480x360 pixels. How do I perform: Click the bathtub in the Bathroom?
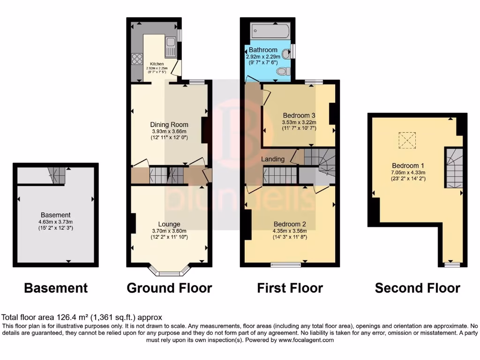(x=269, y=31)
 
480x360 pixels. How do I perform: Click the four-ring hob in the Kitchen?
(x=137, y=59)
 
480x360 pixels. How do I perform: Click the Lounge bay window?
(x=170, y=270)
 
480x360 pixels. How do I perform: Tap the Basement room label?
(x=55, y=215)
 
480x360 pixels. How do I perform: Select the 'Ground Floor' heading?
(x=169, y=288)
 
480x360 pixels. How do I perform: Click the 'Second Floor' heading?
(x=417, y=288)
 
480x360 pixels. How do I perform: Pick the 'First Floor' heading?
(x=290, y=288)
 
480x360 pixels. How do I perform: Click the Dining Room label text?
(x=169, y=125)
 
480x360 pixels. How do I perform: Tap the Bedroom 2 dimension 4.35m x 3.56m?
(x=289, y=231)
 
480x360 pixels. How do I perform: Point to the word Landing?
(x=273, y=159)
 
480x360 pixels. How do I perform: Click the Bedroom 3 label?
(x=299, y=116)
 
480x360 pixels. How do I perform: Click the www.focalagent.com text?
(x=306, y=340)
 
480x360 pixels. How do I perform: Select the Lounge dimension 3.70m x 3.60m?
(x=169, y=231)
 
